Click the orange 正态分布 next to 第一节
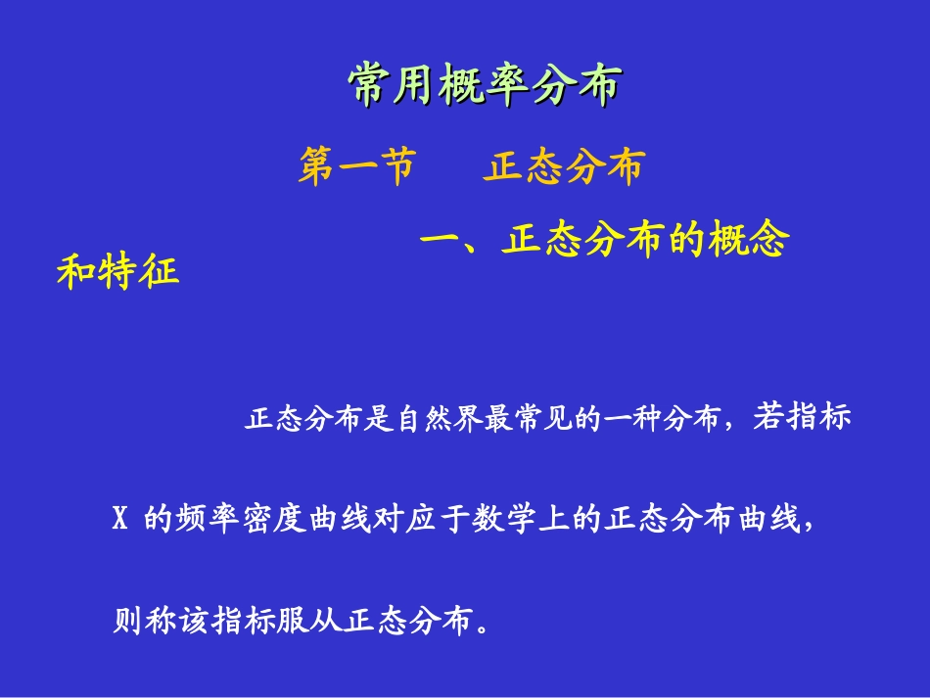click(564, 167)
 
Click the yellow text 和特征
click(118, 271)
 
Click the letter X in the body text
click(121, 519)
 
